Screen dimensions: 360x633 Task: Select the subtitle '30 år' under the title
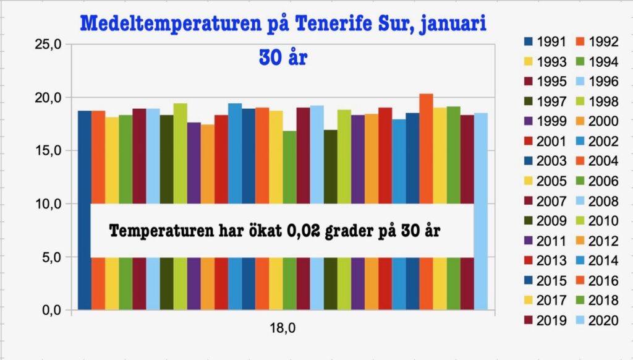pyautogui.click(x=283, y=57)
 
